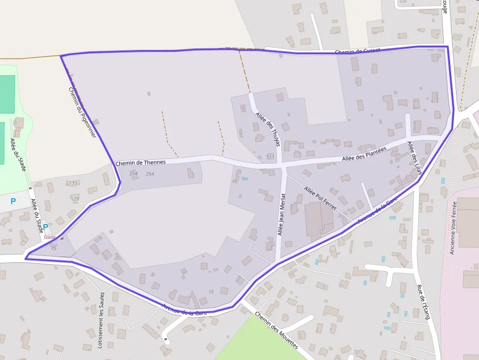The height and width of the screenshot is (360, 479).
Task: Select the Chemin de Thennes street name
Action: (x=141, y=162)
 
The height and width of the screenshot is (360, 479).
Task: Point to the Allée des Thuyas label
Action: (x=268, y=129)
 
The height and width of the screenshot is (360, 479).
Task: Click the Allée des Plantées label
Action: (x=364, y=153)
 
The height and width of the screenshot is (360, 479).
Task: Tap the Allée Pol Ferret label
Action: (x=320, y=198)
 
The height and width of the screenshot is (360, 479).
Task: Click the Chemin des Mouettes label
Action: (x=276, y=330)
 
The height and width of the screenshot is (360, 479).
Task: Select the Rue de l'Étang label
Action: (x=423, y=302)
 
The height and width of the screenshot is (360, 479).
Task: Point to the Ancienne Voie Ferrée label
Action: (x=453, y=228)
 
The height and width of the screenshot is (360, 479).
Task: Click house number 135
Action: (x=73, y=183)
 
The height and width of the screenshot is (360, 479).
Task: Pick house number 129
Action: (x=75, y=199)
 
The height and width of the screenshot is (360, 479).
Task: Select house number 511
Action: (x=270, y=157)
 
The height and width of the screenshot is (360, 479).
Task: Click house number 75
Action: (x=54, y=248)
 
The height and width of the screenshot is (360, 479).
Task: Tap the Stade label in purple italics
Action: (x=49, y=237)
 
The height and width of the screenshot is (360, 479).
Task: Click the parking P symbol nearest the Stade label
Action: (x=45, y=227)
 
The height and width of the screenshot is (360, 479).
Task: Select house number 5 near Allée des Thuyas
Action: (x=243, y=108)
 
